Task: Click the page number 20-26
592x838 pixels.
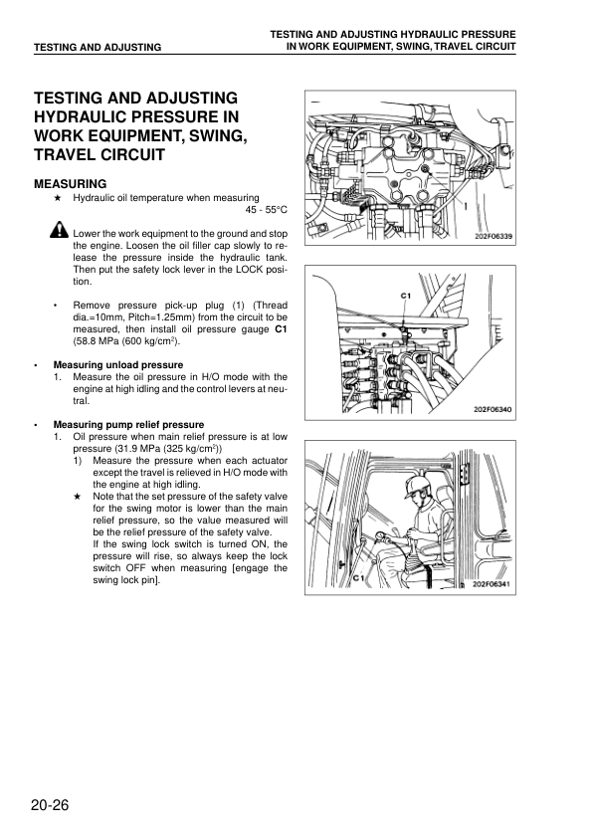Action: [x=50, y=805]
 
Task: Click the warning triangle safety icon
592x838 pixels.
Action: [x=60, y=230]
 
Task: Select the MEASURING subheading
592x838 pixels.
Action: [x=71, y=184]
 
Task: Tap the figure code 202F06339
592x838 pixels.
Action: [x=493, y=237]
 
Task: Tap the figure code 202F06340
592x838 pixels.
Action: [x=493, y=410]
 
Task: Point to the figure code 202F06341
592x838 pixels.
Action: [x=492, y=584]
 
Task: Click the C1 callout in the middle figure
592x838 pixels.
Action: [x=406, y=296]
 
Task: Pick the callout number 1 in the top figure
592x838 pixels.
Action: [x=466, y=206]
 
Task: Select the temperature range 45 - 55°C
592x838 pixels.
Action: [x=266, y=210]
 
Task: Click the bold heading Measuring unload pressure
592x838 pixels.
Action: [x=118, y=365]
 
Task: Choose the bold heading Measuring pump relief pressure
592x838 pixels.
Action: [x=128, y=425]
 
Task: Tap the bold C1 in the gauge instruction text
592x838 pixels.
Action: [x=281, y=329]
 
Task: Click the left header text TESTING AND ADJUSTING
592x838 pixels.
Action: [x=98, y=47]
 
